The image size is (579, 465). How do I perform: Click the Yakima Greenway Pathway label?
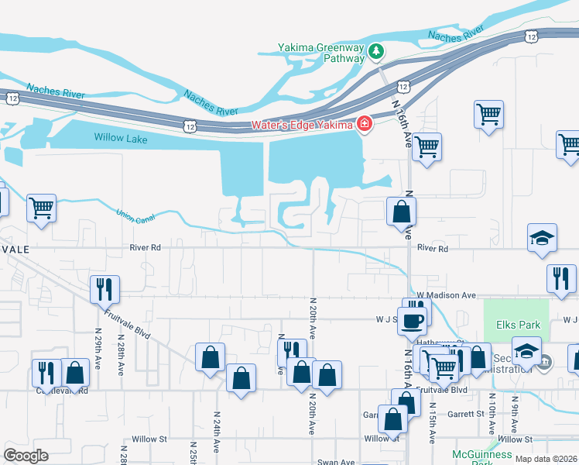pos(321,52)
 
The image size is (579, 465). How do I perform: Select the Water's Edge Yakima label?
pos(301,125)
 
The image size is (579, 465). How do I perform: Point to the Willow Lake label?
pos(120,137)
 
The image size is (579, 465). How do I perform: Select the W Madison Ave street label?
pos(445,295)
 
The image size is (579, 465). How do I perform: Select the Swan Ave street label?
pos(336,462)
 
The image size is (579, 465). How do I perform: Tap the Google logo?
pos(26,455)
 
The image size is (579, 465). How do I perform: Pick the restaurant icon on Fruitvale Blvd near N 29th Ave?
pos(47,372)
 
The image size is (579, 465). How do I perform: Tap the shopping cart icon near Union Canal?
pos(41,207)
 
